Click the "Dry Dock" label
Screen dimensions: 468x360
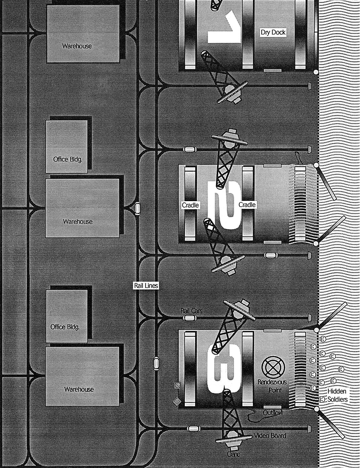tap(273, 33)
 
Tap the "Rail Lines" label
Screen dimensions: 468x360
tap(146, 286)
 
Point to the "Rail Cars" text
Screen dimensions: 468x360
tap(192, 311)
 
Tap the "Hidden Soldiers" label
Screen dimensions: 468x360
tap(337, 395)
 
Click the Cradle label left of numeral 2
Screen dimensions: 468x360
tap(190, 205)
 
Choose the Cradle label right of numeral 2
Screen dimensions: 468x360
tap(247, 205)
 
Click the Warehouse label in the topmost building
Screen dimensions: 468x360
tap(77, 46)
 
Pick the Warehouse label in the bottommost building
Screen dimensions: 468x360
tap(79, 389)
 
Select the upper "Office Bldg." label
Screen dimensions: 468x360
tap(67, 159)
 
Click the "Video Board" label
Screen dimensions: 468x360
tap(270, 436)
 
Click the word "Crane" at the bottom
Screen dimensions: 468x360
tap(234, 454)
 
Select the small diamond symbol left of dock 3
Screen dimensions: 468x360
tap(177, 401)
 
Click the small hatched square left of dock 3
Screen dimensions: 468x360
tap(178, 385)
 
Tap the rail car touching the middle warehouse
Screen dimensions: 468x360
tap(138, 208)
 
